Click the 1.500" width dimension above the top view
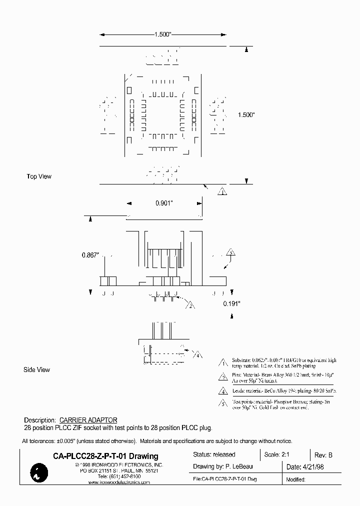tap(162, 35)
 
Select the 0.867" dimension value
tap(91, 255)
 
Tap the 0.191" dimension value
tap(232, 303)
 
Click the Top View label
tap(39, 176)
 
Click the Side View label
tap(37, 370)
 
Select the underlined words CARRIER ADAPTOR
tap(88, 420)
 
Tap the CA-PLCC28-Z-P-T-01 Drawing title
tap(105, 456)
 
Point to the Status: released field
tap(214, 454)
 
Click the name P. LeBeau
tap(239, 466)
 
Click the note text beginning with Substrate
tap(284, 363)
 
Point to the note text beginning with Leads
tap(284, 390)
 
